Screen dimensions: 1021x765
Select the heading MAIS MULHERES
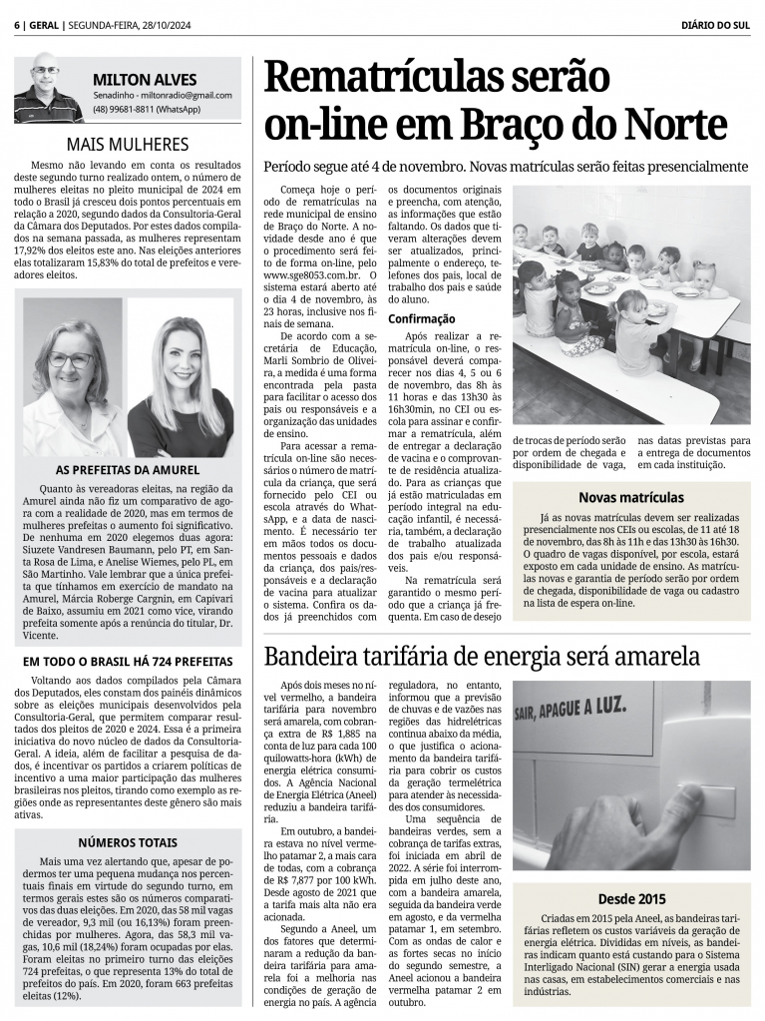pyautogui.click(x=127, y=144)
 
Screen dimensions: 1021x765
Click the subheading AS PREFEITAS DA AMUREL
pyautogui.click(x=127, y=469)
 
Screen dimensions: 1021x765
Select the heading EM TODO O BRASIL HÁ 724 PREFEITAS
pyautogui.click(x=127, y=661)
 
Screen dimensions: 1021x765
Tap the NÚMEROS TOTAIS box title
pyautogui.click(x=127, y=842)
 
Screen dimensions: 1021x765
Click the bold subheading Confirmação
pyautogui.click(x=422, y=318)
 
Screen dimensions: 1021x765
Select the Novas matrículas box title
pyautogui.click(x=630, y=497)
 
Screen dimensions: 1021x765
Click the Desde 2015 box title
pyautogui.click(x=630, y=898)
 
